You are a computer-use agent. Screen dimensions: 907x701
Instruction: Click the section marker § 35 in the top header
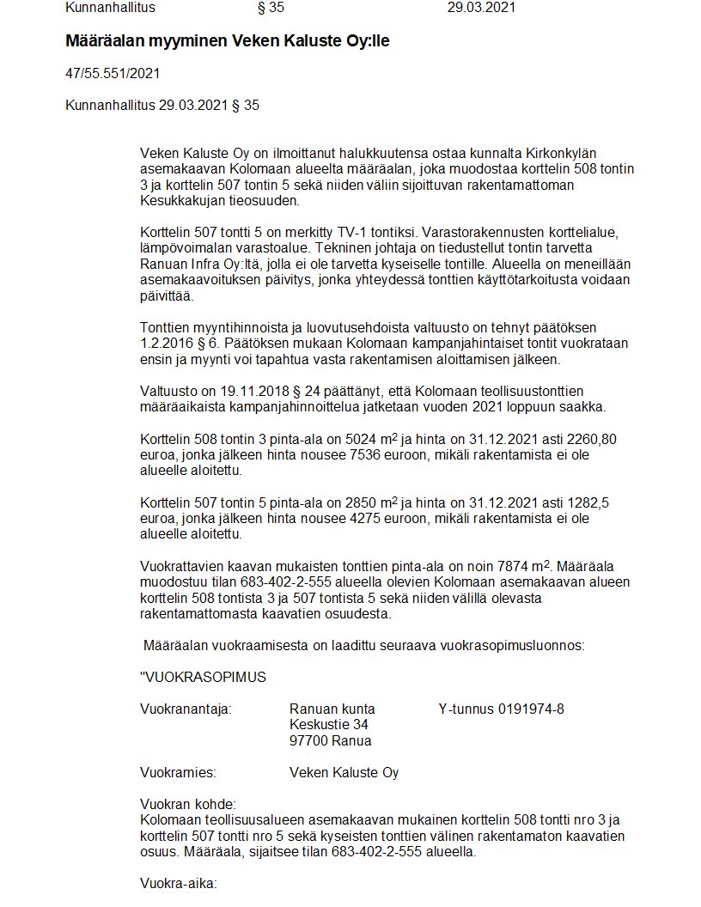[271, 8]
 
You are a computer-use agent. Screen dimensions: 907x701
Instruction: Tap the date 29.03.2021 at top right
[481, 8]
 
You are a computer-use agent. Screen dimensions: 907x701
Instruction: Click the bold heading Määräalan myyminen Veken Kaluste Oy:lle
[228, 41]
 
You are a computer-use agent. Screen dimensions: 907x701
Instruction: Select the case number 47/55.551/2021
[113, 74]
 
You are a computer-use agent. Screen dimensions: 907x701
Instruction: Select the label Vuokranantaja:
[186, 709]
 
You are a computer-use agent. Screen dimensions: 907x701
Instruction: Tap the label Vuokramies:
[178, 772]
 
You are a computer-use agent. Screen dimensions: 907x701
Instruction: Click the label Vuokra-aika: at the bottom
[179, 883]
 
